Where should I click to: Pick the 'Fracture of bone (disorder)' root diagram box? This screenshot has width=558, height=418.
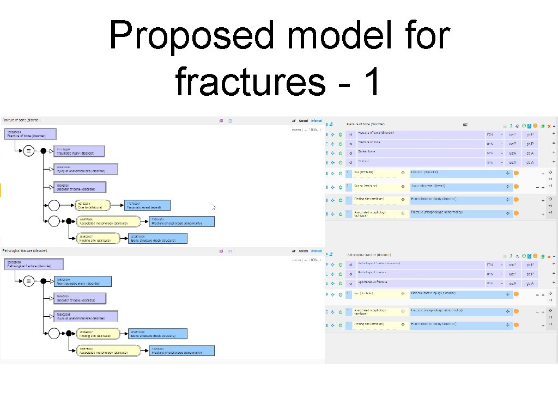(x=31, y=134)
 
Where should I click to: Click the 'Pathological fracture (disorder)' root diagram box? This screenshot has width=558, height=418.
(x=34, y=264)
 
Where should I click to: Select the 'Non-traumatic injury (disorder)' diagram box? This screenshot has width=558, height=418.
(x=82, y=281)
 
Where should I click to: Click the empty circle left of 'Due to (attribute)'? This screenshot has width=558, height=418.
(x=53, y=205)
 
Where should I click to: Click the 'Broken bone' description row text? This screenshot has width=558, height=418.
(x=366, y=152)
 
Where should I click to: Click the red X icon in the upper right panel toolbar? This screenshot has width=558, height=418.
(x=549, y=126)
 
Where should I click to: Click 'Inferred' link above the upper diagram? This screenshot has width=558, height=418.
(x=316, y=121)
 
